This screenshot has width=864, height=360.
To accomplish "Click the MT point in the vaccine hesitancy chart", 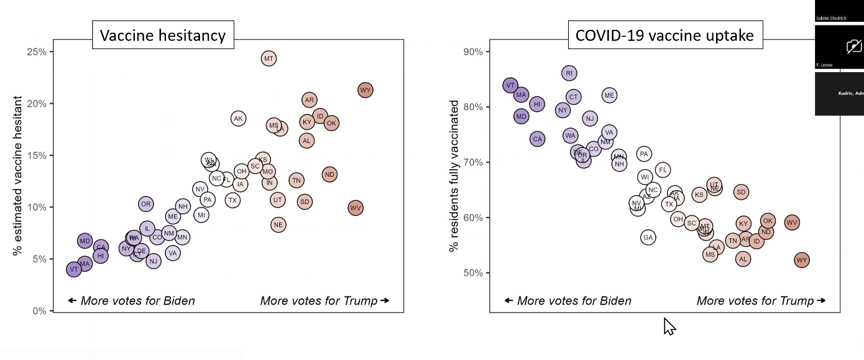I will [268, 59].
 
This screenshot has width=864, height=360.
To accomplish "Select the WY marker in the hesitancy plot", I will [365, 90].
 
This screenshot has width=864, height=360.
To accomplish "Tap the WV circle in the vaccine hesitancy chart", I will [355, 208].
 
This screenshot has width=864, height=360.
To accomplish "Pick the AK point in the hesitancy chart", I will [238, 118].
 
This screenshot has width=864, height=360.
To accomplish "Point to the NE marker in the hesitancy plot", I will [278, 224].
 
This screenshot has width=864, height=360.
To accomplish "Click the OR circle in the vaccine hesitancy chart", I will [145, 204].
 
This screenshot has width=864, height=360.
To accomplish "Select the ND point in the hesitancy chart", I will [329, 175].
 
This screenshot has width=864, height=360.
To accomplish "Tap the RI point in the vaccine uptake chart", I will [569, 73].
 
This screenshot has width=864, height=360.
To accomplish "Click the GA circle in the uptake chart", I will [648, 237].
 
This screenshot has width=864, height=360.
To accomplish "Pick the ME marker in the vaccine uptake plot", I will [609, 95].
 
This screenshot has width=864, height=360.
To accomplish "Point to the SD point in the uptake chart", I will [741, 192].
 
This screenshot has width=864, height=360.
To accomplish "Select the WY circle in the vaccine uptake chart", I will [802, 261].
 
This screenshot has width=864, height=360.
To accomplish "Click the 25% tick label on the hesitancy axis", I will [36, 52].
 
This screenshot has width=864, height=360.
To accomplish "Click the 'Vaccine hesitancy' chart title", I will [163, 35].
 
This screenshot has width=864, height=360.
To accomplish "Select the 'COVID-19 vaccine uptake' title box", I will [664, 35].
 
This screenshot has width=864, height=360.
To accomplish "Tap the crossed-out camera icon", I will [854, 46].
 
